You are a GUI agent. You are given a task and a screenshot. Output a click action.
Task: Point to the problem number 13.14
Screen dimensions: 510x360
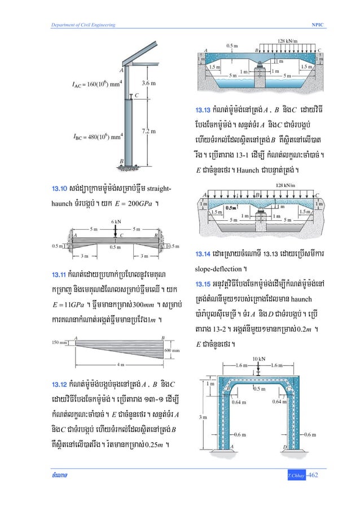[204, 254]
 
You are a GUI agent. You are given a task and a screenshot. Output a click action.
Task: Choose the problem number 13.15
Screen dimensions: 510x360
[204, 282]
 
